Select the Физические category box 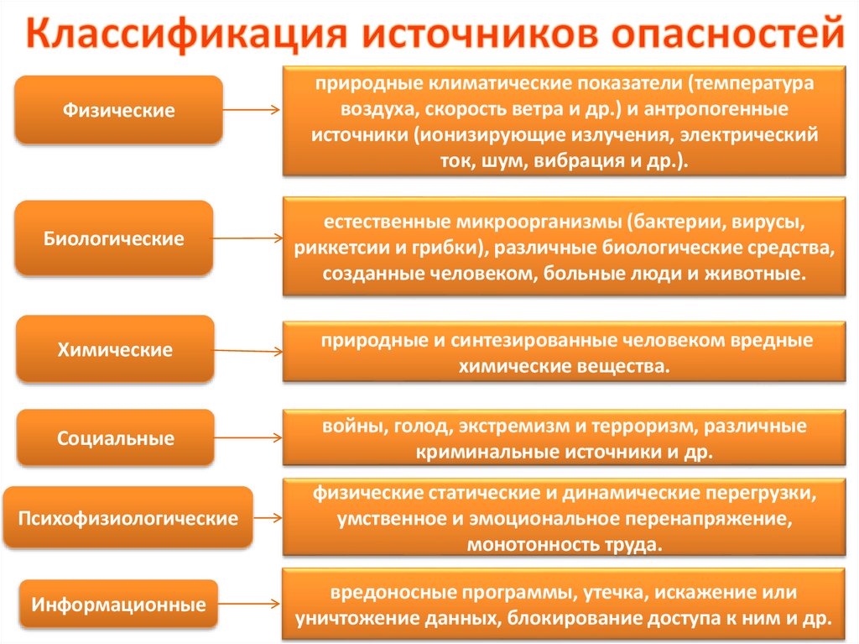tap(118, 110)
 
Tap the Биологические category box tap(114, 238)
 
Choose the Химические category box tap(115, 349)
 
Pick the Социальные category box tap(116, 438)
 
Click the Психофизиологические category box tap(128, 518)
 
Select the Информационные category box tap(118, 604)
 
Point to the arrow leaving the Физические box tap(252, 109)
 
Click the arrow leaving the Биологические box tap(247, 238)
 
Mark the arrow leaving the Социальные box tap(249, 437)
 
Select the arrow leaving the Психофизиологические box tap(267, 518)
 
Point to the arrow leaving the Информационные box tap(249, 604)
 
